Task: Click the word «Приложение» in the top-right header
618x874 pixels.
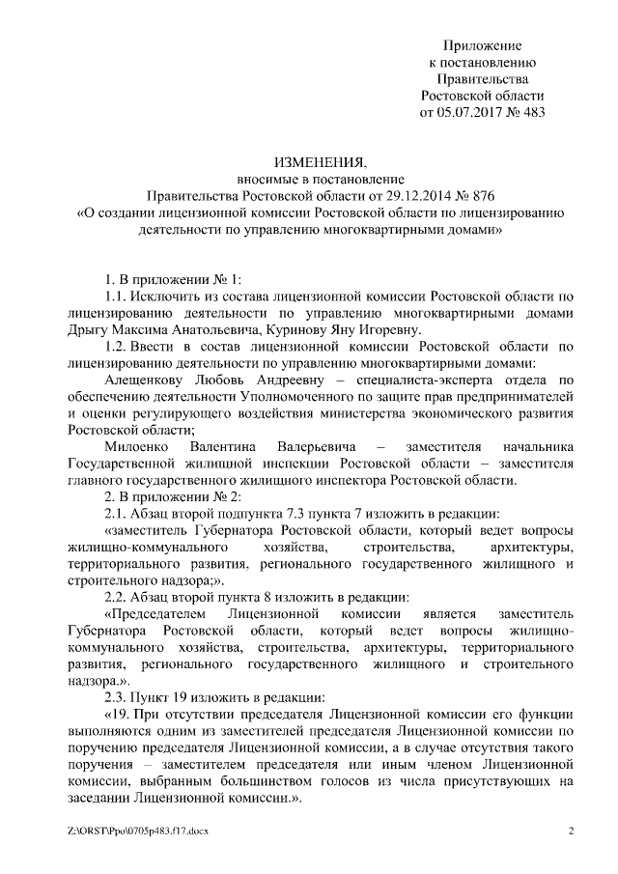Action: pos(483,45)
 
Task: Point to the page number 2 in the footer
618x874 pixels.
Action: pos(571,831)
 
